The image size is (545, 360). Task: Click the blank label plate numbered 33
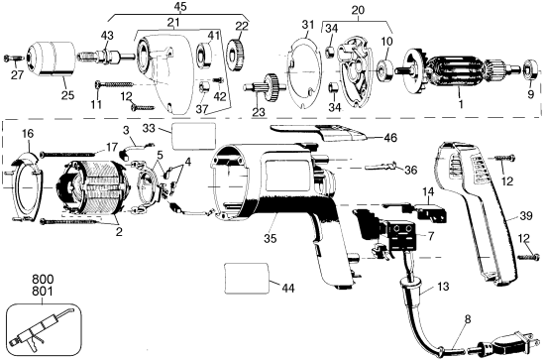pyautogui.click(x=193, y=134)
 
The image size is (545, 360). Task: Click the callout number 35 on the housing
pyautogui.click(x=243, y=238)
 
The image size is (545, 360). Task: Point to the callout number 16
pyautogui.click(x=27, y=133)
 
